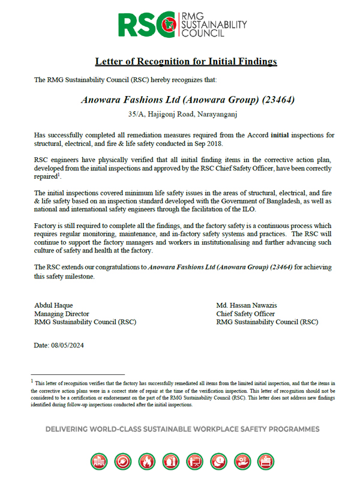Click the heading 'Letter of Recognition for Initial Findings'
click(186, 62)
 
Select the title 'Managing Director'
click(62, 314)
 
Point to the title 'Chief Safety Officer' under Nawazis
click(245, 314)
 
